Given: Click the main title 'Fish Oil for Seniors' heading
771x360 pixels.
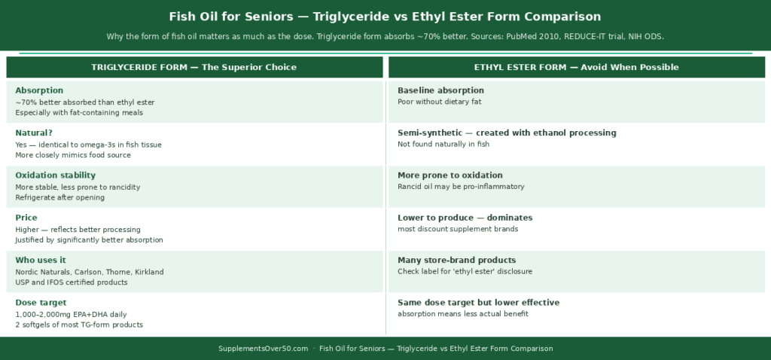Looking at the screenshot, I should [385, 17].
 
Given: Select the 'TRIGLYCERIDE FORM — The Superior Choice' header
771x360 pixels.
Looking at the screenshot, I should [194, 67].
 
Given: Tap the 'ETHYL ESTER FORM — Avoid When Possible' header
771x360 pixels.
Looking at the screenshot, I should [576, 67].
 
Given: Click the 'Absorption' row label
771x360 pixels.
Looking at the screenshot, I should [39, 90].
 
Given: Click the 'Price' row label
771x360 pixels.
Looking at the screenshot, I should [26, 218].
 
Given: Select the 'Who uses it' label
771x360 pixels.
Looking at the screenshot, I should [41, 260].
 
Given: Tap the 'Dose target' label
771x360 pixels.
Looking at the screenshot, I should [41, 302].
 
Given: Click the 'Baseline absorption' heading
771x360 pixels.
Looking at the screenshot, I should [440, 90].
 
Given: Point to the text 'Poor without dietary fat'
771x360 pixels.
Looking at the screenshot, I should [439, 102].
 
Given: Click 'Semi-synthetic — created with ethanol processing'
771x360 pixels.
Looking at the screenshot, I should [507, 133].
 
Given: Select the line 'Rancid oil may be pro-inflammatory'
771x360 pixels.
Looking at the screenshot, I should [461, 186].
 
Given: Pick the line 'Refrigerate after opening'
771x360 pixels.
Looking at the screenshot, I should [59, 197].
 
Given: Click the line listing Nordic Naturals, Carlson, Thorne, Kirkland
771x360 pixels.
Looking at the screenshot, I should [89, 271].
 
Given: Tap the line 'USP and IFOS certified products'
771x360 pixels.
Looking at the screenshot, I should [71, 282].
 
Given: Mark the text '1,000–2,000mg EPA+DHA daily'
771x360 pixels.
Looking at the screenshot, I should [71, 313].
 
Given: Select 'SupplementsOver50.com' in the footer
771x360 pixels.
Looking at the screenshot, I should [263, 349].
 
